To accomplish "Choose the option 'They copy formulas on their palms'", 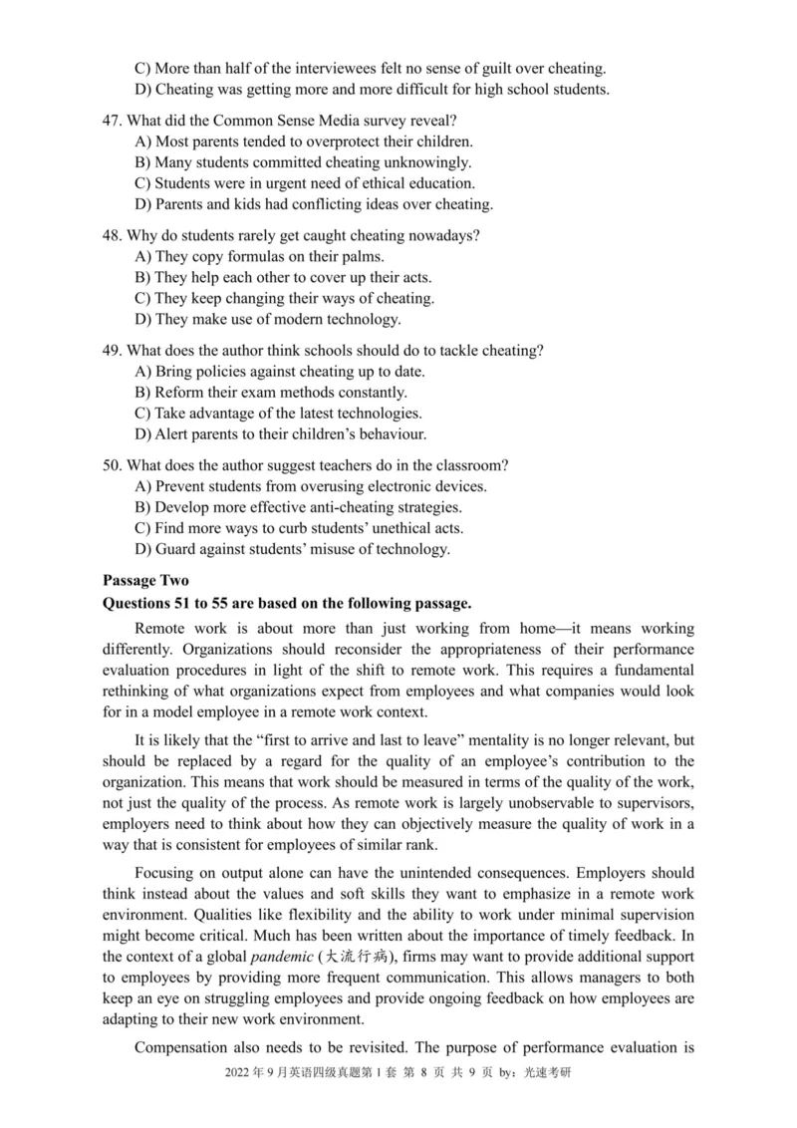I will click(258, 257).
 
